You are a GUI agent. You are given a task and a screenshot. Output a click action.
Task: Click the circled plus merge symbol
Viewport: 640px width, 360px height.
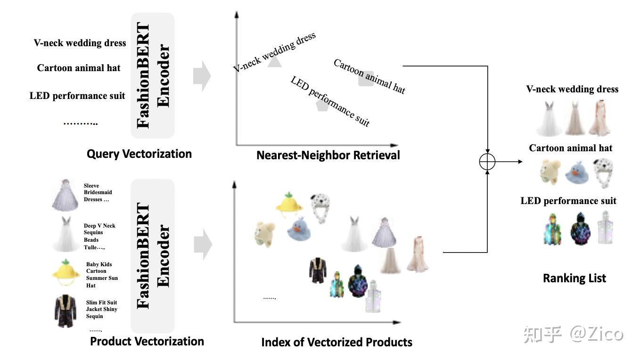point(487,162)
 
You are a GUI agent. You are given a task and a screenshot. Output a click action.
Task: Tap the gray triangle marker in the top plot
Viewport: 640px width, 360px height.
point(274,61)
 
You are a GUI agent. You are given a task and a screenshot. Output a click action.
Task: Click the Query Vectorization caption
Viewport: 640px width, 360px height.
point(139,154)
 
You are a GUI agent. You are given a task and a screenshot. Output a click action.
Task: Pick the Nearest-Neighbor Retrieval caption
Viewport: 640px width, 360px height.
point(328,155)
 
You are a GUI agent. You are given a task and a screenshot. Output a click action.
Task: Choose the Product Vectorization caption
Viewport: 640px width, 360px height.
point(147,341)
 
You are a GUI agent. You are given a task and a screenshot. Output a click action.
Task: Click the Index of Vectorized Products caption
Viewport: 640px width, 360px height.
point(336,342)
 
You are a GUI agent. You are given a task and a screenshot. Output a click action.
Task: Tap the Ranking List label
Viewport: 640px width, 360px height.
point(574,278)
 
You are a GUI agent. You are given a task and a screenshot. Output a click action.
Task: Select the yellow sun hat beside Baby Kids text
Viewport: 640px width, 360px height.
point(66,274)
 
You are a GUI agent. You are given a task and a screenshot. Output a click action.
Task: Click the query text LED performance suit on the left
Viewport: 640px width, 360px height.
point(77,96)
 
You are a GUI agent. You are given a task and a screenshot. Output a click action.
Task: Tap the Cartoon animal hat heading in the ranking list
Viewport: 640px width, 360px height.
point(570,148)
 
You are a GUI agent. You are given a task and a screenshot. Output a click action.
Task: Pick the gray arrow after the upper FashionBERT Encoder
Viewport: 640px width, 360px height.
point(202,75)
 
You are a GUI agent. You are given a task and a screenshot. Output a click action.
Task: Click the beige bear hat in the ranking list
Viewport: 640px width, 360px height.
point(550,172)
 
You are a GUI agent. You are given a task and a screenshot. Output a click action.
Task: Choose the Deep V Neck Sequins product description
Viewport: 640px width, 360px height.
point(99,237)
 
